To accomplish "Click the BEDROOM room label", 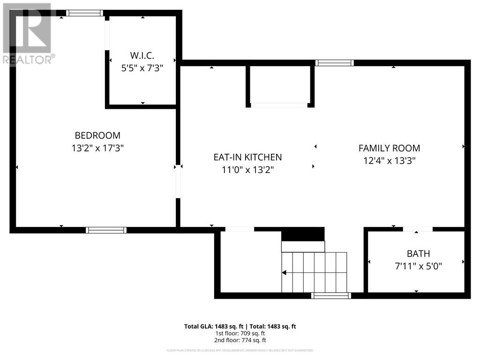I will coord(97,135).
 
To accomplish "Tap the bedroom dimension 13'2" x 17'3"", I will coord(97,148).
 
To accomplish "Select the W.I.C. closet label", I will coord(142,55).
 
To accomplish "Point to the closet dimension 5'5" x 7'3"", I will coord(142,67).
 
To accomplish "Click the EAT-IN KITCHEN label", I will coord(247,157).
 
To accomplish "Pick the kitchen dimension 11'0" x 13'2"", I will coord(247,170).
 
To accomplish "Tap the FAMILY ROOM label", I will coord(389,148).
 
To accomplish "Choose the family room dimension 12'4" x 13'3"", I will coord(389,161).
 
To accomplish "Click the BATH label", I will coord(418,254).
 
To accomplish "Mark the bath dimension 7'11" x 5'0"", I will coord(418,266).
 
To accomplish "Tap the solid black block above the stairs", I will coord(303,233).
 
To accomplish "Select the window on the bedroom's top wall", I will coord(84,13).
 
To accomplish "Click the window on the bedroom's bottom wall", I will coord(106,230).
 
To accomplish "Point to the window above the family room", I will coord(334,63).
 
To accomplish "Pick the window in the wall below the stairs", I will coord(331,295).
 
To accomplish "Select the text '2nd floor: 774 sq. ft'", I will coord(240,340).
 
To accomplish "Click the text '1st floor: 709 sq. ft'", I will coord(240,333).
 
